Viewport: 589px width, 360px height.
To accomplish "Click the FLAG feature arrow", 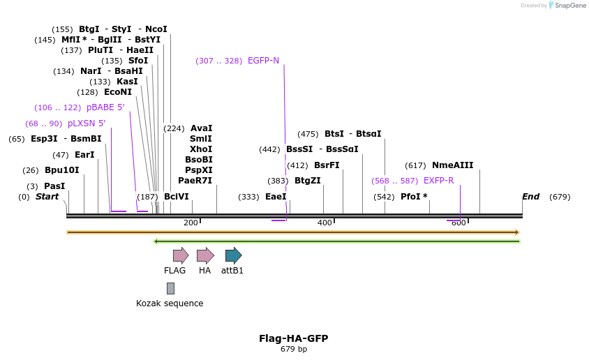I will pos(181,255).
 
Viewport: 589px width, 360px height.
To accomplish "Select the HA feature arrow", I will pos(205,255).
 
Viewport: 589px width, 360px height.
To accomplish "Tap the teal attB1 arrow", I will pos(233,255).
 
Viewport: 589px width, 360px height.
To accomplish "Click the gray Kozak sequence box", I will pos(170,288).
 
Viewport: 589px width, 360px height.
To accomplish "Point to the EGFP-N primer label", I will pos(263,61).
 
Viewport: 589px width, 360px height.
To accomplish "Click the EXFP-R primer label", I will pos(438,181).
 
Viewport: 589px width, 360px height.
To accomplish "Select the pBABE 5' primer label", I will pos(105,107).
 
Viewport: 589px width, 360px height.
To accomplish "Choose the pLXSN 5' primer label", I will pos(87,123).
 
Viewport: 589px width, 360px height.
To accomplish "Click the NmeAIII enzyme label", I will pos(452,165).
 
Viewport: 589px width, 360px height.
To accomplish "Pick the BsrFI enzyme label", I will pos(327,165).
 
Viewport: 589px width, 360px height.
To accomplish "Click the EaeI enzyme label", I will pos(276,197).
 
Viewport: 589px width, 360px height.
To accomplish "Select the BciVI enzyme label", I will pos(176,197).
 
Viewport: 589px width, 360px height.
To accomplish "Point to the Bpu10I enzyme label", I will pos(61,170).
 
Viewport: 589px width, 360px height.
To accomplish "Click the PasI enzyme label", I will pos(54,186).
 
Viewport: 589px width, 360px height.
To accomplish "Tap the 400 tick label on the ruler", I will pos(325,223).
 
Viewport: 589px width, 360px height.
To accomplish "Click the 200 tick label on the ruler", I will pos(191,223).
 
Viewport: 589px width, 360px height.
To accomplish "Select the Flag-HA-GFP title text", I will pos(293,338).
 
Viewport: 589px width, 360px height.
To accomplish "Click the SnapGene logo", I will pos(567,6).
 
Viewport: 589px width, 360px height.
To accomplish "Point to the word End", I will pos(530,197).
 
